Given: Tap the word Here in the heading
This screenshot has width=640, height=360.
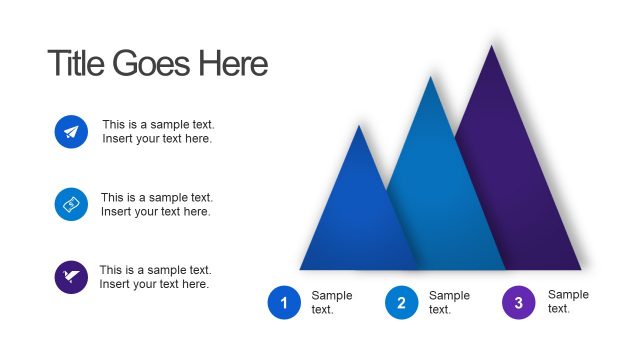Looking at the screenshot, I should (233, 64).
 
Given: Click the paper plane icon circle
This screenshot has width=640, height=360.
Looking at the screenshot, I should (71, 132).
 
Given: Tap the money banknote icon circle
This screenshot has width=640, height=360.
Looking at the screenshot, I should (71, 204).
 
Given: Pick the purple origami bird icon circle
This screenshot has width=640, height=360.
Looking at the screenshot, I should (71, 277).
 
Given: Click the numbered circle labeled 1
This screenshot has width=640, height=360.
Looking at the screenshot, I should (284, 302).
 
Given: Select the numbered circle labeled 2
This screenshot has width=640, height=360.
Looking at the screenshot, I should (401, 302).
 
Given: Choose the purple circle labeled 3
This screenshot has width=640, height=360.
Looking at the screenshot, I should (518, 302).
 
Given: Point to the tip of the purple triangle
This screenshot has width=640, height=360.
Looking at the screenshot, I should (492, 45).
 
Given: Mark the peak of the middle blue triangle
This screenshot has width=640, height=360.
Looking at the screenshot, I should (431, 76).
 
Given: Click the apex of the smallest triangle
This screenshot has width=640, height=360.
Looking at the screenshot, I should (359, 125).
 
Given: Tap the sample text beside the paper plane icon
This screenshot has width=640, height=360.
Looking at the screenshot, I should (158, 132).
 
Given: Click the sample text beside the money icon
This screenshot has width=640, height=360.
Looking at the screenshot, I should (157, 205).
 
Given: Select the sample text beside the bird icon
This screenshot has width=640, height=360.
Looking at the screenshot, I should (155, 277).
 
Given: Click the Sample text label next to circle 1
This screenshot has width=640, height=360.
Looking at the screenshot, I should (331, 302).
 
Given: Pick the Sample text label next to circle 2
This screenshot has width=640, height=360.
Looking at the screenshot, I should (449, 302).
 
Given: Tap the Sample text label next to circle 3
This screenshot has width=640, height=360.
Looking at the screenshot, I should (568, 302).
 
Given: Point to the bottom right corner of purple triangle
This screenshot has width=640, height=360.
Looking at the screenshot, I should (581, 269).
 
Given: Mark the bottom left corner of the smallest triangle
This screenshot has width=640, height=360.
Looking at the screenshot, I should (300, 269).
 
